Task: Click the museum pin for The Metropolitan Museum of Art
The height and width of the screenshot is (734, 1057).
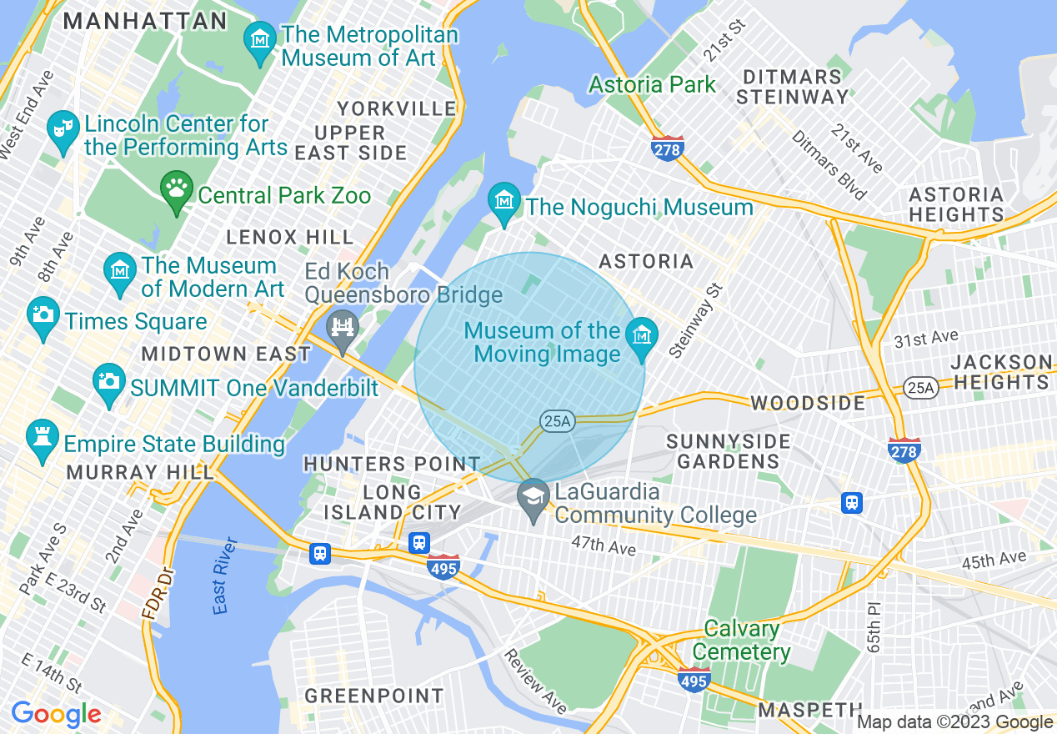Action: tap(260, 39)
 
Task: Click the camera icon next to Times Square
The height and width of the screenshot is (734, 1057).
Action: tap(43, 314)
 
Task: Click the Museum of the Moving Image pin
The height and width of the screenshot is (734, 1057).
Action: tap(640, 336)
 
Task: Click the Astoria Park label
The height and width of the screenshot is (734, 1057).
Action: tap(652, 84)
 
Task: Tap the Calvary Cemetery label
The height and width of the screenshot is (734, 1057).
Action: tap(741, 640)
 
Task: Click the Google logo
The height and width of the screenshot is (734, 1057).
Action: tap(56, 714)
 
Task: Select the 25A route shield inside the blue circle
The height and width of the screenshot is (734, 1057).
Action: tap(556, 421)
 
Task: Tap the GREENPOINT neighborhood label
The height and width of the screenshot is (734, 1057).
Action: tap(373, 696)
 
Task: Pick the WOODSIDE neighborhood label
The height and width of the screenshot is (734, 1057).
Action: tap(808, 403)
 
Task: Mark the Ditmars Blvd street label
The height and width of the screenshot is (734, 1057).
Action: tap(829, 165)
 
